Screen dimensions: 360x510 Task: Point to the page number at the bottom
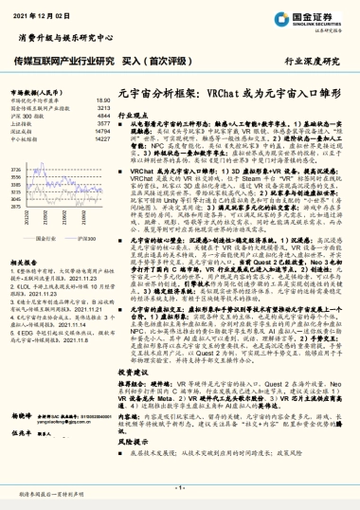point(180,483)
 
